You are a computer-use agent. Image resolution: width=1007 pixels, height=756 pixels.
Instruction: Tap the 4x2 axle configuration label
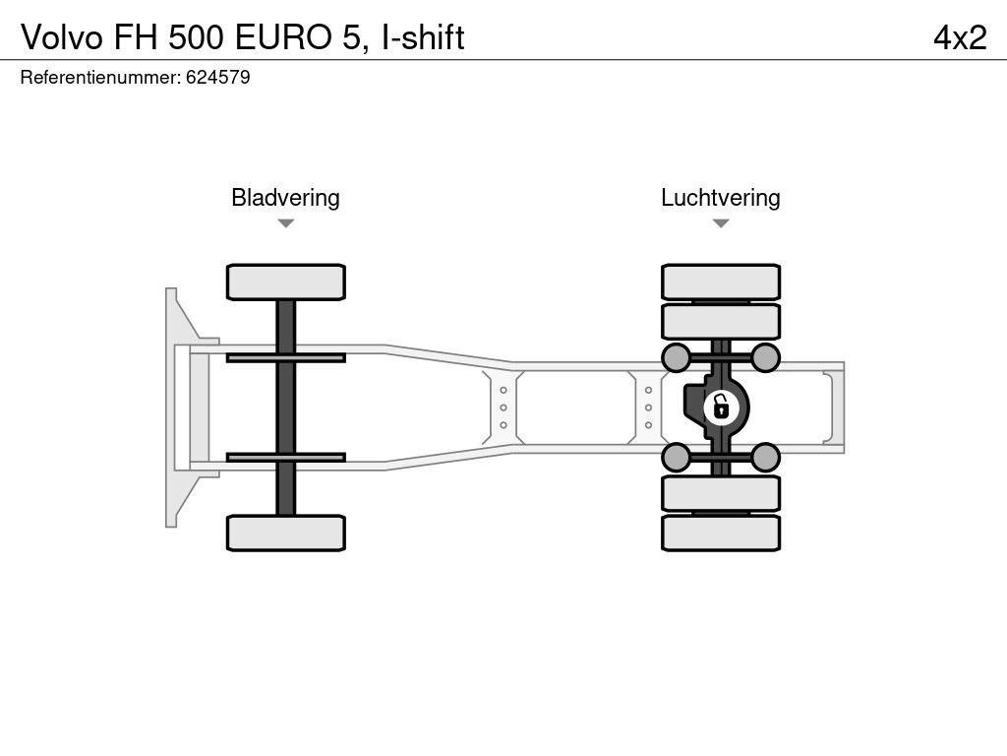pyautogui.click(x=960, y=36)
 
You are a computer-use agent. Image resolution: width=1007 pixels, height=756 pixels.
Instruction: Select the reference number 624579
pyautogui.click(x=217, y=78)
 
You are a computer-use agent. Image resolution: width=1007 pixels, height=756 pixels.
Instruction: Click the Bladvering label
pyautogui.click(x=285, y=197)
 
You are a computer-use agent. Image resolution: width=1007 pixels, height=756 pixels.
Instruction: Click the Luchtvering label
pyautogui.click(x=720, y=197)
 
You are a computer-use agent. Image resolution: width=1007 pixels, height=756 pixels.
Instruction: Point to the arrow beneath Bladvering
pyautogui.click(x=285, y=223)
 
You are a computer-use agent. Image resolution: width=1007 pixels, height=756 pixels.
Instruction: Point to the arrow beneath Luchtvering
pyautogui.click(x=720, y=223)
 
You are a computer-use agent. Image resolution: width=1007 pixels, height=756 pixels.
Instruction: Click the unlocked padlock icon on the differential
pyautogui.click(x=721, y=405)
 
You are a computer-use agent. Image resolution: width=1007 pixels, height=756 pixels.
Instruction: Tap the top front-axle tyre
pyautogui.click(x=285, y=282)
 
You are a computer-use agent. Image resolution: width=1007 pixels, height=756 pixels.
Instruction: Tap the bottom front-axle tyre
pyautogui.click(x=285, y=533)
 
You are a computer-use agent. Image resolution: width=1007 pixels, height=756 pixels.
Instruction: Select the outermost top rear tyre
pyautogui.click(x=721, y=282)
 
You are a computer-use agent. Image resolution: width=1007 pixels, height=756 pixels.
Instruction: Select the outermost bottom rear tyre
pyautogui.click(x=721, y=533)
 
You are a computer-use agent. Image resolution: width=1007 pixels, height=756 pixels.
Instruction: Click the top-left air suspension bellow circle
pyautogui.click(x=676, y=357)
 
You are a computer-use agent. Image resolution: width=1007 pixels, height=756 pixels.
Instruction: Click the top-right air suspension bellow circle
pyautogui.click(x=766, y=357)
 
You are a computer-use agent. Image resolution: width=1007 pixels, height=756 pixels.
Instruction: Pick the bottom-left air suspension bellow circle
pyautogui.click(x=676, y=457)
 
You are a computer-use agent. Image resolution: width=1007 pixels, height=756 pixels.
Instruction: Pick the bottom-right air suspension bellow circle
pyautogui.click(x=766, y=457)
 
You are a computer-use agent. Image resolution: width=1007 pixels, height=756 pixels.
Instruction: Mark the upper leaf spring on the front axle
pyautogui.click(x=285, y=357)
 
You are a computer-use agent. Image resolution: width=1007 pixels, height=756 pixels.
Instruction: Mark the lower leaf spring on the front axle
pyautogui.click(x=285, y=457)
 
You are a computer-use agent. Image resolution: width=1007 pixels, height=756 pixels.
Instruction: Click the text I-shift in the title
pyautogui.click(x=423, y=36)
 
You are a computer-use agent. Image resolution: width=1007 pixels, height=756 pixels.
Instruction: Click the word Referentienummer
pyautogui.click(x=99, y=78)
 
